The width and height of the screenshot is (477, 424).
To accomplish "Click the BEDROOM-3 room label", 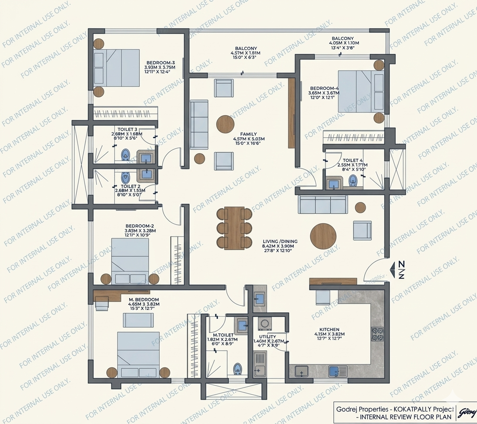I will pos(161,63).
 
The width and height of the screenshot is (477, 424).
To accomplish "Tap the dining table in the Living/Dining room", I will pos(234,228).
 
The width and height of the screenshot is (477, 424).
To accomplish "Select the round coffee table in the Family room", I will pos(228,124).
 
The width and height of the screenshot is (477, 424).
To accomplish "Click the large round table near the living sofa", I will pos(323,236).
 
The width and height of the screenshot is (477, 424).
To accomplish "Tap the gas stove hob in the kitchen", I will pos(377,334).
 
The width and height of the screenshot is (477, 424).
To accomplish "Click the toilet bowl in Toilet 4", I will pos(353,180).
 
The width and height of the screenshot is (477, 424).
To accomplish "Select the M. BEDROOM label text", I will pos(144,300).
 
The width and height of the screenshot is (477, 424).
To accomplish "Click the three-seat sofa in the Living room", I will pos(322,205).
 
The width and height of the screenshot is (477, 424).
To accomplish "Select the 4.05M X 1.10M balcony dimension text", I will pos(344,43).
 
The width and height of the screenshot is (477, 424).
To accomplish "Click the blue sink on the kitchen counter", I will pos(334,371).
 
